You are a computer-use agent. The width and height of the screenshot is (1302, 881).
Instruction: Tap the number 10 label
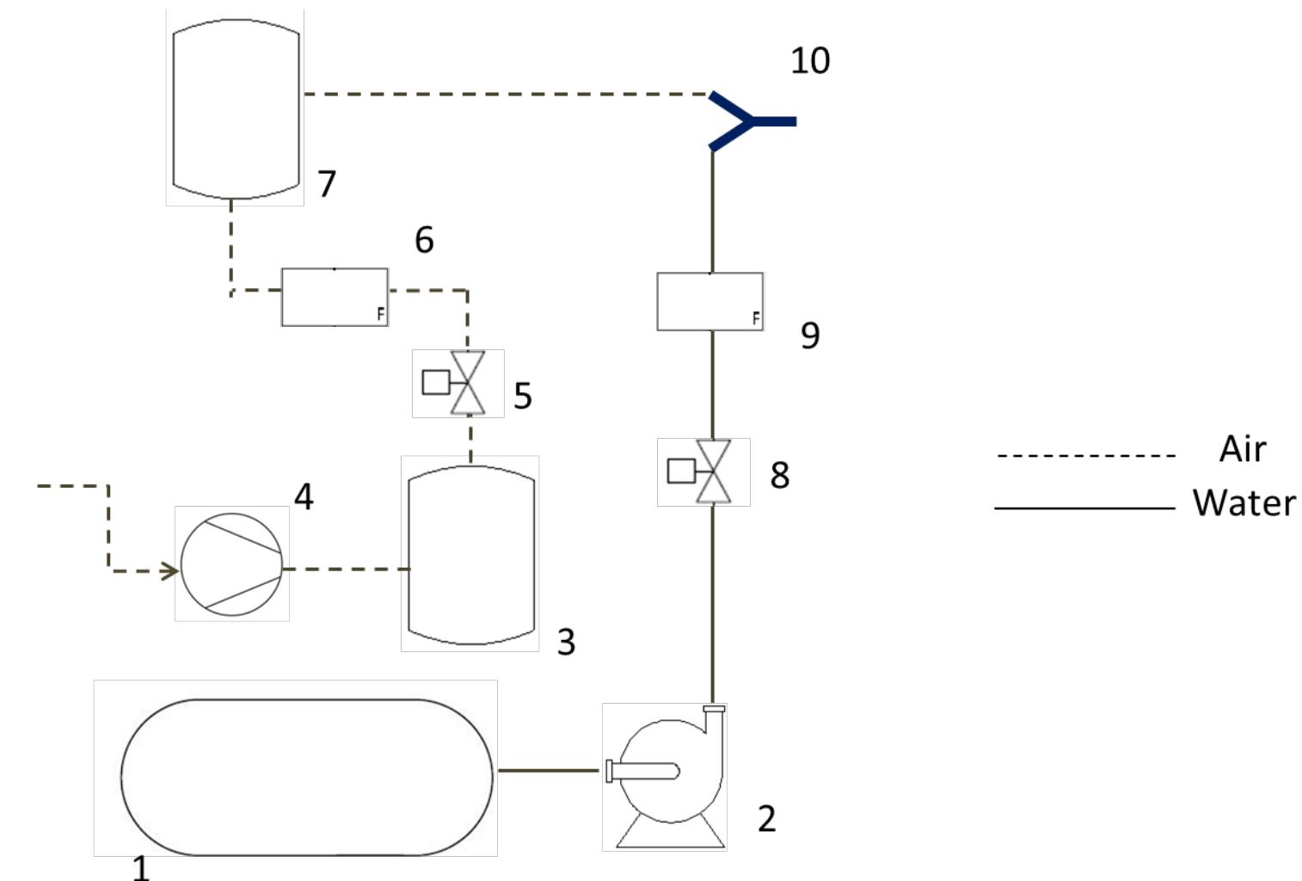[809, 61]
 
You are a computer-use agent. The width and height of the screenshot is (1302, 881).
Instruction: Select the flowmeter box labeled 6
[335, 297]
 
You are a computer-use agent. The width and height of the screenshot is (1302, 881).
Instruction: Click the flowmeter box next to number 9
[709, 301]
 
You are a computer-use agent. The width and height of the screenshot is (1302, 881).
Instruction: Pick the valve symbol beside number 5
[467, 383]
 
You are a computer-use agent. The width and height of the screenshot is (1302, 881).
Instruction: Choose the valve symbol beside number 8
[712, 471]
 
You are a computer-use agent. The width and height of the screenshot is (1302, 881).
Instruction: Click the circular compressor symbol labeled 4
[231, 564]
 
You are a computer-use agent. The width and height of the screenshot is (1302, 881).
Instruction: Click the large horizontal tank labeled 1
[307, 777]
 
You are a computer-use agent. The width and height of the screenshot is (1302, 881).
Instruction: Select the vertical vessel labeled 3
[471, 555]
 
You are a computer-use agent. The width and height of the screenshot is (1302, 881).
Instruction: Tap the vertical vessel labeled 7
[236, 108]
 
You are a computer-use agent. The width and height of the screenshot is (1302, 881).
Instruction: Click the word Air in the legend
[1242, 449]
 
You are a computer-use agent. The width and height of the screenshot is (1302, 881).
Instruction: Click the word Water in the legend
[1244, 502]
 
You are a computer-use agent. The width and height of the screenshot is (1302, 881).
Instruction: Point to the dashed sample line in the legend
[1085, 455]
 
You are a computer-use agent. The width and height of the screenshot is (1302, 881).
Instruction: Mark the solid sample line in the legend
[1084, 508]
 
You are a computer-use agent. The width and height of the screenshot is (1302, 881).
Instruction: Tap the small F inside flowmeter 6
[381, 315]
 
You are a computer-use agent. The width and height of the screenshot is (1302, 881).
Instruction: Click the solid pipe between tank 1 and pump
[549, 770]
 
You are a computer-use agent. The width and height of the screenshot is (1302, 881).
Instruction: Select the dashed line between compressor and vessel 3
[346, 569]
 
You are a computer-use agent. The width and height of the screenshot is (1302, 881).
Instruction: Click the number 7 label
[326, 184]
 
